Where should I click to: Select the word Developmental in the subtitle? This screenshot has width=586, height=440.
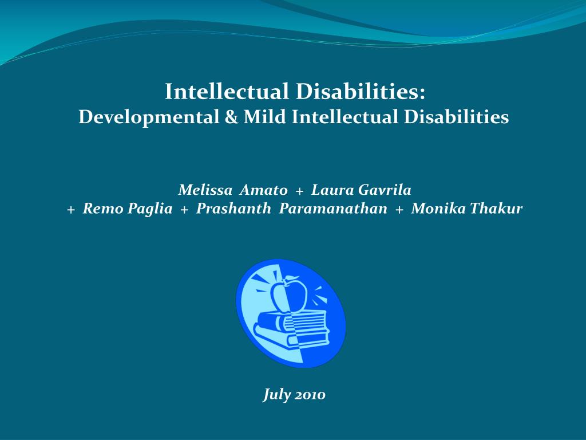[x=145, y=117]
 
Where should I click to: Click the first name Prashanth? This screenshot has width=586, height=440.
[x=233, y=209]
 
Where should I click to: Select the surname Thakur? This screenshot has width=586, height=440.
[x=496, y=209]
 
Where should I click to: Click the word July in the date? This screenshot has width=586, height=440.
[x=276, y=395]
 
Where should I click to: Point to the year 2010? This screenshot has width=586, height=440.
[x=310, y=395]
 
